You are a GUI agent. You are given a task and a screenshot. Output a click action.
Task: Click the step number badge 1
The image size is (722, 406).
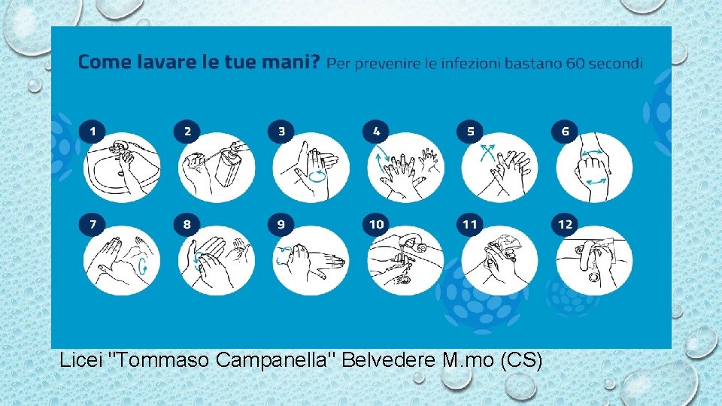93,132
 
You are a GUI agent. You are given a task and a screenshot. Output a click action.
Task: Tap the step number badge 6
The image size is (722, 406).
565,132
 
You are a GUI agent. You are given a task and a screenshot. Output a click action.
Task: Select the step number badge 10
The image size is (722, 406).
376,224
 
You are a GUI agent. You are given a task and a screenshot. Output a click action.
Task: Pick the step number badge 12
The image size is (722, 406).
565,224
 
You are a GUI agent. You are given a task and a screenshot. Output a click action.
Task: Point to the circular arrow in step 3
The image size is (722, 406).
317,176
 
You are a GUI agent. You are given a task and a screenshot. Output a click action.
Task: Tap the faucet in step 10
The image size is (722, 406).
411,241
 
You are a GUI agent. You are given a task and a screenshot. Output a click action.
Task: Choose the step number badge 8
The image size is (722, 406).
187,224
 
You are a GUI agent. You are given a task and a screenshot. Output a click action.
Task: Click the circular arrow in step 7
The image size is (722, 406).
143,265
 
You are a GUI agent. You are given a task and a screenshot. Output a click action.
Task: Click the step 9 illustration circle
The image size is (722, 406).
311,260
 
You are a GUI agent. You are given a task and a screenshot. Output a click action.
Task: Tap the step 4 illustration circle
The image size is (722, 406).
405,168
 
